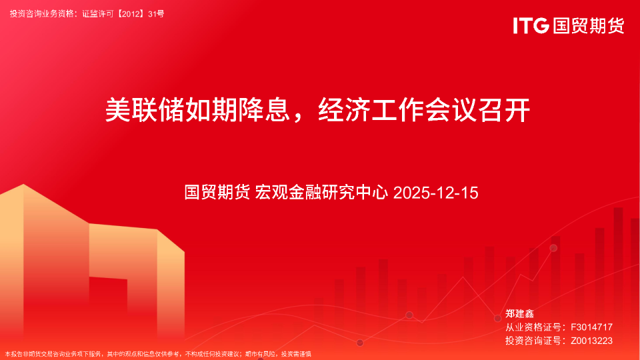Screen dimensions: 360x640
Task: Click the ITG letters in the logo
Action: (531, 26)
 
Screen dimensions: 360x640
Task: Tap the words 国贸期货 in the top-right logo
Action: (587, 26)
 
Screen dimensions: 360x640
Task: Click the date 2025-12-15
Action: (436, 193)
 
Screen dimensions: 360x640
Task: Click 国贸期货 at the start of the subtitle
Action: (217, 193)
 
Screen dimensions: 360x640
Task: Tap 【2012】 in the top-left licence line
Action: (130, 13)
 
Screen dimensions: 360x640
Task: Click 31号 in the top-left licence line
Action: (155, 13)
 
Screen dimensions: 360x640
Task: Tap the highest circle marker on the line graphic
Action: (553, 248)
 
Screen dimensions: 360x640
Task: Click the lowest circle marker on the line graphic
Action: (360, 343)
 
